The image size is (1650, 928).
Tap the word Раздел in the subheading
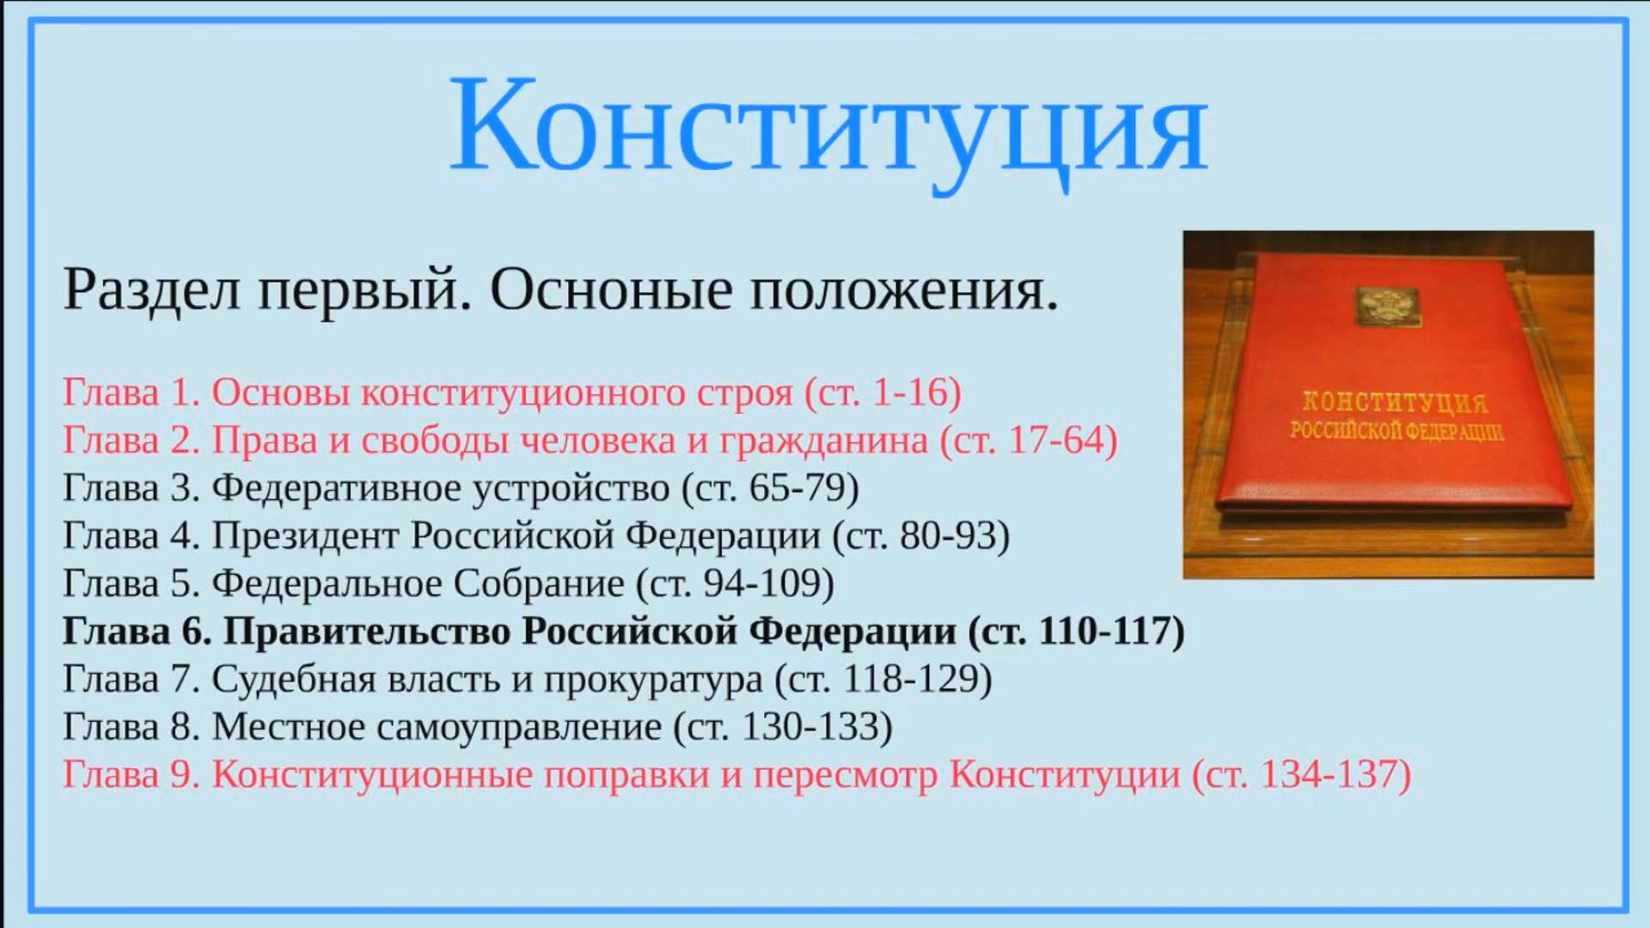click(x=151, y=290)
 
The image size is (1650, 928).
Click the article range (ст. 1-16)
click(x=883, y=393)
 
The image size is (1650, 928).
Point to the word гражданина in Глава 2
click(x=823, y=441)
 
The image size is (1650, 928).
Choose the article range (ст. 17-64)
click(x=1029, y=441)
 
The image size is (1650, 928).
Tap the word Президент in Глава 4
click(x=305, y=535)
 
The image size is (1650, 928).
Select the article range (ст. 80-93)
click(x=921, y=536)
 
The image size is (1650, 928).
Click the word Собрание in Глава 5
click(x=539, y=583)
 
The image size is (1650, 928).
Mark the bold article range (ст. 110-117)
click(x=1077, y=632)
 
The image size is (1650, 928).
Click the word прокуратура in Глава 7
click(x=653, y=680)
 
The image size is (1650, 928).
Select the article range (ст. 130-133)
click(x=784, y=728)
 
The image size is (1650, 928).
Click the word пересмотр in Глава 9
click(x=845, y=775)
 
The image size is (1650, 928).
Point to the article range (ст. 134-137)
click(x=1302, y=775)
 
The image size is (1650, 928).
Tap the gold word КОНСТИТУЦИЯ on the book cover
click(x=1395, y=402)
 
